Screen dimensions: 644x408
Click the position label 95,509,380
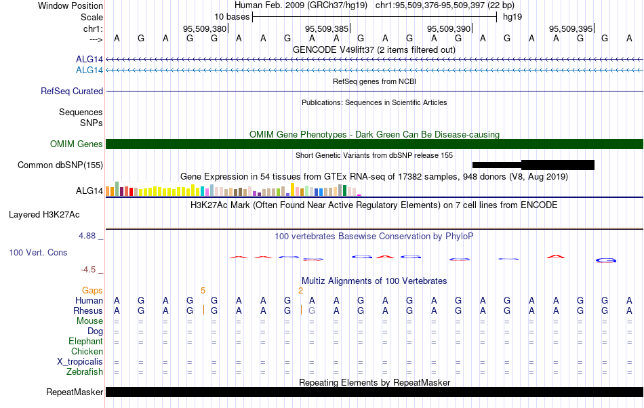coord(205,28)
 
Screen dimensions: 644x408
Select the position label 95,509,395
coord(571,28)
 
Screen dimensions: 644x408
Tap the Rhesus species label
coord(88,310)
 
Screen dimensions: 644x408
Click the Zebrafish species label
coord(85,372)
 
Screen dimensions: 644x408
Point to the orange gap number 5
coord(203,291)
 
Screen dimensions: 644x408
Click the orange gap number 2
coord(300,291)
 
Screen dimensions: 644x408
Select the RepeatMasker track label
coord(75,392)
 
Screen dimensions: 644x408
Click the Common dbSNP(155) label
coord(60,165)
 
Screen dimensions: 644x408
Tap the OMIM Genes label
coord(77,144)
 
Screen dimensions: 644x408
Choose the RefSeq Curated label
coord(72,91)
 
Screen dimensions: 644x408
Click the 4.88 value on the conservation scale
coord(87,236)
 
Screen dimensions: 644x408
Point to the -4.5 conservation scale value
coord(88,269)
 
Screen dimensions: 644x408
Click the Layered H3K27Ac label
coord(44,215)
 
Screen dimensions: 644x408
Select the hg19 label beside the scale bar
coord(512,17)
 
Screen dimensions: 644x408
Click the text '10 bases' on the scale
coord(232,17)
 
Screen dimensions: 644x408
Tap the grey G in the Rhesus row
coord(312,310)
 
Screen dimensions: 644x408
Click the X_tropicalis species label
coord(80,362)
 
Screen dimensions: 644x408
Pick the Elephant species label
coord(86,341)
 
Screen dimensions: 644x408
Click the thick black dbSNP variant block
coord(558,165)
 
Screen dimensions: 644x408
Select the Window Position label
coord(71,5)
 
